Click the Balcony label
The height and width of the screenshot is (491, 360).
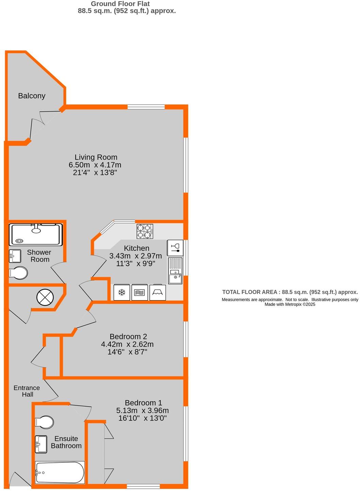32,96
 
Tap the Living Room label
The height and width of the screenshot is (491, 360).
96,157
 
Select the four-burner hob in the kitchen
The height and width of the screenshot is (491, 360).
145,231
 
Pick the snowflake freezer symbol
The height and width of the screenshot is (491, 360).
122,292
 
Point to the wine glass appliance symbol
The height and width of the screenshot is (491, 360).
175,248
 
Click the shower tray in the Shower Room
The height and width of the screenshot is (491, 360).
36,234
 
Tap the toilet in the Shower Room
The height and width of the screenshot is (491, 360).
18,273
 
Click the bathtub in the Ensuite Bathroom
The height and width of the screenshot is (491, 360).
60,472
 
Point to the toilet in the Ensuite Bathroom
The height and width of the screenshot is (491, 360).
44,422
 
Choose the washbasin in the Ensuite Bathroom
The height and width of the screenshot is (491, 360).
41,444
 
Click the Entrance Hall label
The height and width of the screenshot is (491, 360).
27,391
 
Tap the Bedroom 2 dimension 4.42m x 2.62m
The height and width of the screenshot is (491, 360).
127,344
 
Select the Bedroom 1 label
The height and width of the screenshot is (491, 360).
143,403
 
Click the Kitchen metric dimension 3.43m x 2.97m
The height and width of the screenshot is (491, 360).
135,256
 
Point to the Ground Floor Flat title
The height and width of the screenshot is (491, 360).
120,4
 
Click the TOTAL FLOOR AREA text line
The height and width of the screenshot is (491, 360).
290,292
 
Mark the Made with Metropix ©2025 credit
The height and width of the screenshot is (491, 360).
290,304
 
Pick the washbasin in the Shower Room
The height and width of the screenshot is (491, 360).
15,256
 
